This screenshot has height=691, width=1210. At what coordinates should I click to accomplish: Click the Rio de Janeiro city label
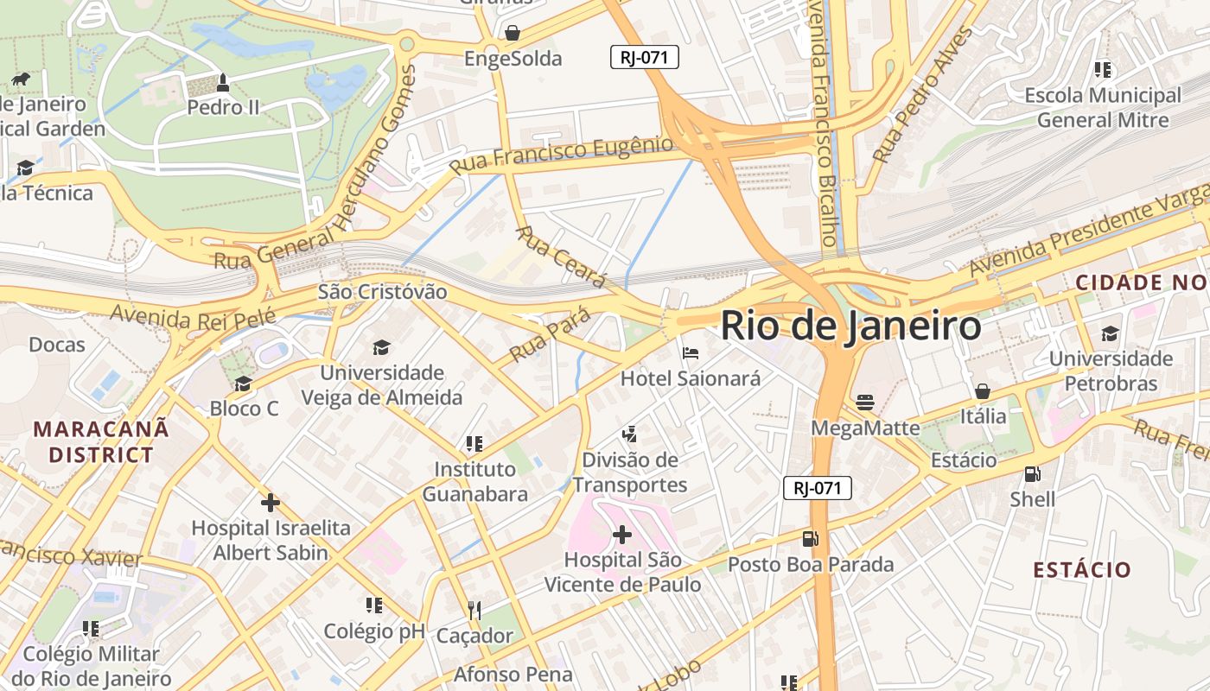point(850,326)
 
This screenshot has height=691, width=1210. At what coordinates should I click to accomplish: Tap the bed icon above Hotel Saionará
point(691,353)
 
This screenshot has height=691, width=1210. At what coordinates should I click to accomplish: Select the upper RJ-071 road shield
point(645,58)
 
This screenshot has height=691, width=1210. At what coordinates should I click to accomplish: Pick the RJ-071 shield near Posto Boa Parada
point(818,488)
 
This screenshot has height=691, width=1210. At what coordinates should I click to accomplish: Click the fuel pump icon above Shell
point(1032,473)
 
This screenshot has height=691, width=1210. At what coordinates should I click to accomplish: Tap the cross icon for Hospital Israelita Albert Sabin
point(271,502)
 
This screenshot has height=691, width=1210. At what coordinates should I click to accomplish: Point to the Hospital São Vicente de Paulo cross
point(621,535)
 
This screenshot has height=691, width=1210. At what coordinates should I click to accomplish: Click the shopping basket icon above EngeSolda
point(513,33)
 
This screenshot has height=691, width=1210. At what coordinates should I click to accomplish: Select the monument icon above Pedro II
point(223,83)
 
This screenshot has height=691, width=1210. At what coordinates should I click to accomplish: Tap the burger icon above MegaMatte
point(865,403)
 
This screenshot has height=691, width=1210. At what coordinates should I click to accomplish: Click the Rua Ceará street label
point(561,257)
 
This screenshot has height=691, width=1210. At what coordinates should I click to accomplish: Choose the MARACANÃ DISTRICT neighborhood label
point(101,441)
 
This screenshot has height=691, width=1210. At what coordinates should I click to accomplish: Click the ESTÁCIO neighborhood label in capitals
point(1082,570)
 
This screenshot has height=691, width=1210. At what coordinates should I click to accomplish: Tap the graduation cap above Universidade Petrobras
point(1110,333)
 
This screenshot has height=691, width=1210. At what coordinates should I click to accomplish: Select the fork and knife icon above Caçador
point(474,611)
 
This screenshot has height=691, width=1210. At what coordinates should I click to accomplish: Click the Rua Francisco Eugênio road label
point(560,155)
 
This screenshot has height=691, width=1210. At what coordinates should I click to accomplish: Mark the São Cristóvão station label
point(382,292)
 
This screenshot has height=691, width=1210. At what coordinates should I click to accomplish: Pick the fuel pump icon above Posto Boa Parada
point(810,539)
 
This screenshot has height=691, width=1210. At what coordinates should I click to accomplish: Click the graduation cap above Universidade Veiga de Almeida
point(381,347)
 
